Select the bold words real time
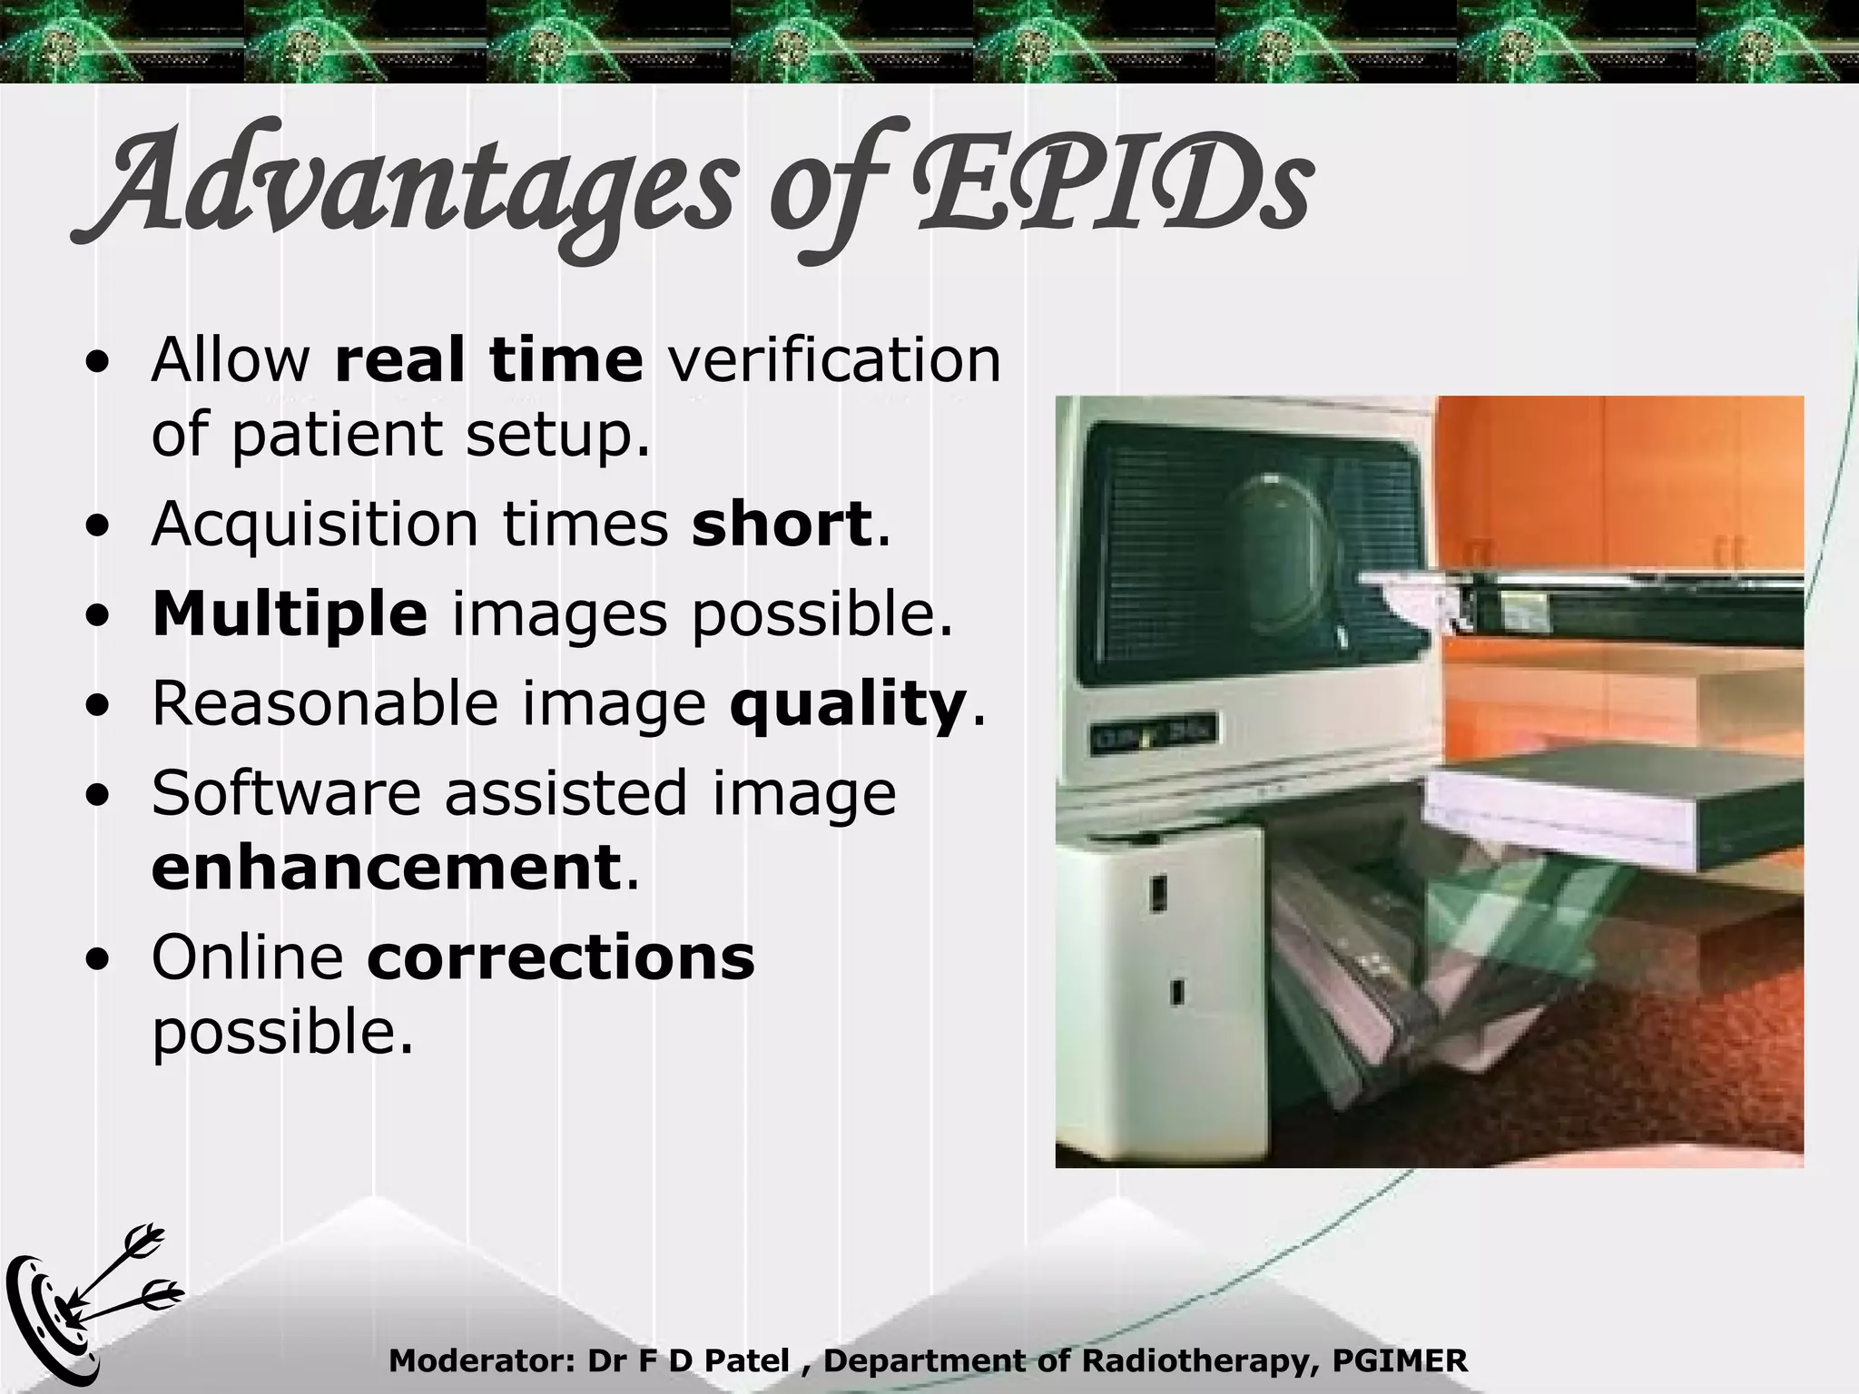[488, 359]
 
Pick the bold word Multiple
[290, 614]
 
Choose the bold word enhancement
[386, 868]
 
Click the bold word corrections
[561, 957]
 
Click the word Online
[247, 957]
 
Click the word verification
[834, 359]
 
